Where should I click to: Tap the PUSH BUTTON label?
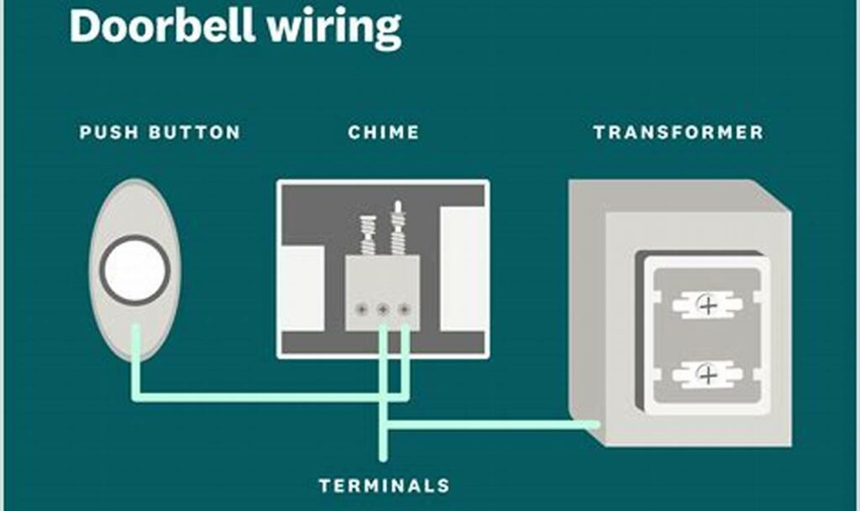point(160,133)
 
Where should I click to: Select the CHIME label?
point(383,133)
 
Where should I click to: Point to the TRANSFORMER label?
point(678,133)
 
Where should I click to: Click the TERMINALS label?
point(384,485)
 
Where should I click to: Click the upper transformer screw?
point(708,305)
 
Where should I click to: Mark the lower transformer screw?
point(708,374)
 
